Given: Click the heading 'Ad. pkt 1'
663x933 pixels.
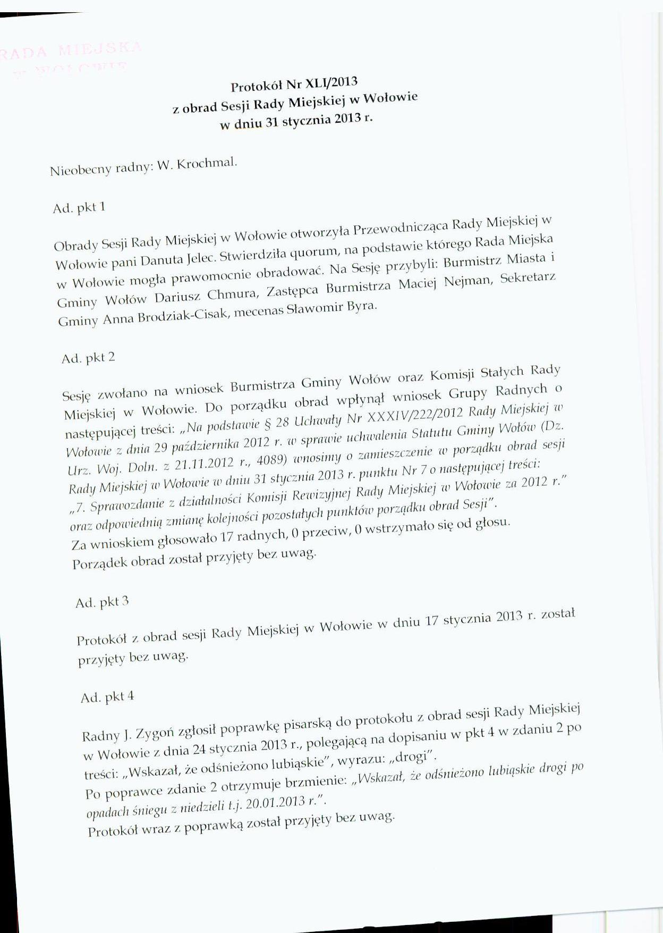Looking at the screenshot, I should pyautogui.click(x=79, y=207).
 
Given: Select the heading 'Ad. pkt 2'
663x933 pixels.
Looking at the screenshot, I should pyautogui.click(x=88, y=358).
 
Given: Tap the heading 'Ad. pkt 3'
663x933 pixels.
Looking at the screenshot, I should pyautogui.click(x=102, y=602).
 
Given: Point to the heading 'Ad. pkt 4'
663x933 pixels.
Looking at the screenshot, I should pyautogui.click(x=107, y=697).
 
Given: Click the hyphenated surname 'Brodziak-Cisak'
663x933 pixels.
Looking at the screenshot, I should pyautogui.click(x=183, y=317).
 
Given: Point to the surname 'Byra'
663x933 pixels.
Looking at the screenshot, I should pyautogui.click(x=361, y=306).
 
